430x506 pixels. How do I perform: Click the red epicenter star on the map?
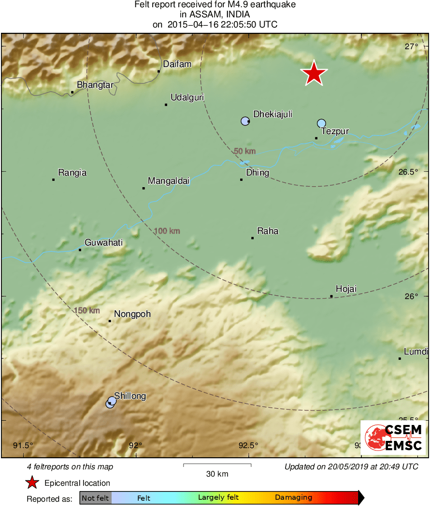tap(314, 73)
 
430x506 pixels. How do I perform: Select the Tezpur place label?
tap(335, 131)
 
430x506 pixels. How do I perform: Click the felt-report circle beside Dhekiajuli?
tap(245, 121)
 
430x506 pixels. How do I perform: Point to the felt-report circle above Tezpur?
tap(321, 123)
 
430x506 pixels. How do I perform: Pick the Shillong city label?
tap(130, 396)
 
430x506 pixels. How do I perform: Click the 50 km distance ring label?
tap(244, 151)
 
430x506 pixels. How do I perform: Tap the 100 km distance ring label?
tap(167, 231)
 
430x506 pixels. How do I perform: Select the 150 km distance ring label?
tap(87, 310)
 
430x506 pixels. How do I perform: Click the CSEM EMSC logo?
tap(393, 437)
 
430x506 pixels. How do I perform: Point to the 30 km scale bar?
tap(217, 465)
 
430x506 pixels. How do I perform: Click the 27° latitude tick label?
tap(412, 47)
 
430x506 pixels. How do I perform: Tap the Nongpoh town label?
tap(132, 314)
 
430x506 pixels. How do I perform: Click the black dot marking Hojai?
tap(331, 296)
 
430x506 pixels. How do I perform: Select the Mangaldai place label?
tap(169, 181)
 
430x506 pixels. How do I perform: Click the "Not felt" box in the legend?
tap(95, 498)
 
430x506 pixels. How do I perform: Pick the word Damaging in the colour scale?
tap(294, 497)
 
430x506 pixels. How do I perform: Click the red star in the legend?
tap(32, 483)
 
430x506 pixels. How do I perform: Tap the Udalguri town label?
tap(187, 97)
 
